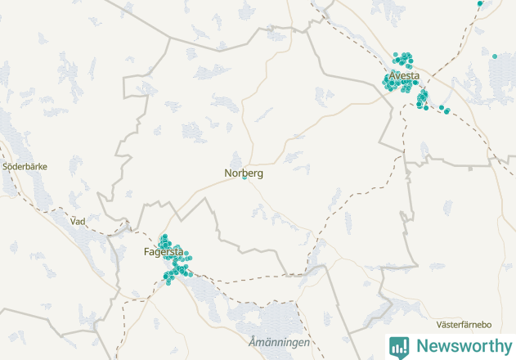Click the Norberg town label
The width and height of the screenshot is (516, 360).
(x=244, y=173)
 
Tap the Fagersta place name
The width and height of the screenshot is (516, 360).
(x=164, y=252)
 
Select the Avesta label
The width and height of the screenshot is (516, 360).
(x=404, y=76)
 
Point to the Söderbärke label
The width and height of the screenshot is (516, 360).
(x=25, y=166)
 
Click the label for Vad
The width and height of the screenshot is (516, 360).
(x=78, y=221)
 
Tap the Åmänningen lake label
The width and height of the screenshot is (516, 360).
(x=279, y=342)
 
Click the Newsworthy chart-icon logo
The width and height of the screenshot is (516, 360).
(x=399, y=346)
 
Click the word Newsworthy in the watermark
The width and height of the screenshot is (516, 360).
(x=464, y=346)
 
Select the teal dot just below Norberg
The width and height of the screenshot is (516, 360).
(x=244, y=179)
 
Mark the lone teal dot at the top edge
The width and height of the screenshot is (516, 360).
(x=480, y=3)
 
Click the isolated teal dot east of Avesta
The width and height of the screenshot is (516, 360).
(x=495, y=56)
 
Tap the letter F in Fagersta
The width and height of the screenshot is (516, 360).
(x=146, y=252)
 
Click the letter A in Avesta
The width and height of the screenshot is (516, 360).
(x=392, y=76)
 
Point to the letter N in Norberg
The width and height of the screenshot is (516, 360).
(x=228, y=173)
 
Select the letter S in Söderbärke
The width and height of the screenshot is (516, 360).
(x=6, y=166)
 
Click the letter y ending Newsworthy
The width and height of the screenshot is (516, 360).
(x=507, y=348)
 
